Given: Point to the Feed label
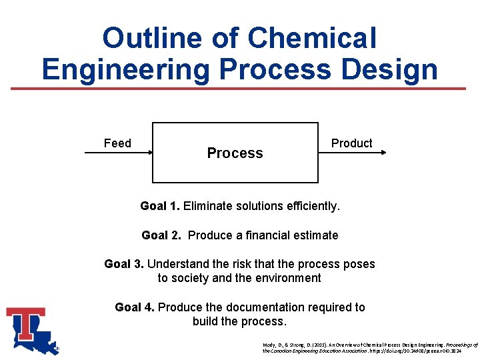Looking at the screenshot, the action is click(117, 143).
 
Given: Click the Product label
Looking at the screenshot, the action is click(351, 143).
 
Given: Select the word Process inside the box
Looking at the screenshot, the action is click(235, 153).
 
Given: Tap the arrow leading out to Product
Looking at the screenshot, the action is click(352, 153).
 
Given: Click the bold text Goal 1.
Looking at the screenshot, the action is click(159, 206).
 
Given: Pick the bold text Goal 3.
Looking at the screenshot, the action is click(124, 264).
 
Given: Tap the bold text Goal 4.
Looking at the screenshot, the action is click(135, 307).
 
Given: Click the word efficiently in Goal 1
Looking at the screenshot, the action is click(311, 206).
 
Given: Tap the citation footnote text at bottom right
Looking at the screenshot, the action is click(370, 347).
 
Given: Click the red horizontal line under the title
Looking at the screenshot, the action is click(240, 89).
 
